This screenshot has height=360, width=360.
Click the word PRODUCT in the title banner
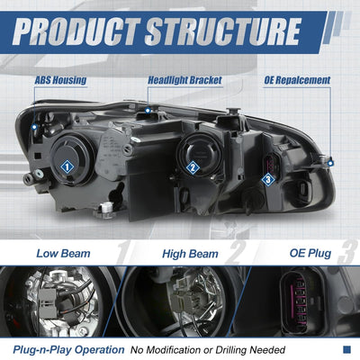76,31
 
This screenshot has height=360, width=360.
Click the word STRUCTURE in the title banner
223,31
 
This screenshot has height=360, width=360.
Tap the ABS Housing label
60,80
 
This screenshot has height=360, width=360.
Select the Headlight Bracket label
184,80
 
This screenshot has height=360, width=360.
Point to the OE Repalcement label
297,80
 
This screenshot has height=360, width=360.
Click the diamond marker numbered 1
67,166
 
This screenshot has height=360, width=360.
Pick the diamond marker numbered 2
193,167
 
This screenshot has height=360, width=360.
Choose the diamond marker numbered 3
268,180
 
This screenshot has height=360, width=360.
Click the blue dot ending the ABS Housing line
34,127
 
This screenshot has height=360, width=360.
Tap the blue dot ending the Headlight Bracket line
148,111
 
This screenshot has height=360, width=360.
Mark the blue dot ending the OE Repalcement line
330,164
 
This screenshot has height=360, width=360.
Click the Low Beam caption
63,254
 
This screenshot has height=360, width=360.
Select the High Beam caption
190,254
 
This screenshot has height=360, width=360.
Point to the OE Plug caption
310,253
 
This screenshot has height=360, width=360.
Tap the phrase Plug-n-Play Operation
68,350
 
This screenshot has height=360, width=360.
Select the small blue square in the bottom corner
346,349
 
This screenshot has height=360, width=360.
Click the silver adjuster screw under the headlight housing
107,207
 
